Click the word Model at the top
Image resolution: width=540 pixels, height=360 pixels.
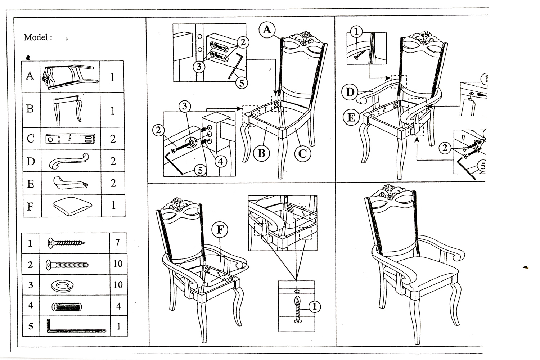[x=36, y=37]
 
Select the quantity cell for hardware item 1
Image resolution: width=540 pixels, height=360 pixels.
[x=117, y=242]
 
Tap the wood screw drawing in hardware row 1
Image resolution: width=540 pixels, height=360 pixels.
[x=67, y=243]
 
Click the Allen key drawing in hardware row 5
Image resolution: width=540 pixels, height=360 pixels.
[x=76, y=327]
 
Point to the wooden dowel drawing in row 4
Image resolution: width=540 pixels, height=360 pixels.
[x=67, y=307]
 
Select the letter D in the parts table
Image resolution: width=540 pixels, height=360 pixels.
[x=31, y=161]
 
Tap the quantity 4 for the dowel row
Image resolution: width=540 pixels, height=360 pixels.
[x=118, y=306]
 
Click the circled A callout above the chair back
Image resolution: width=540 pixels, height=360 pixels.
[x=267, y=30]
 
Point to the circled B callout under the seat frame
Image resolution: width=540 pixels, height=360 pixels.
[x=262, y=153]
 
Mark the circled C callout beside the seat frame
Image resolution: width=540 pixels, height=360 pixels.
[x=302, y=153]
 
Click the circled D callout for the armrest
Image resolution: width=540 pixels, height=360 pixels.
[x=350, y=92]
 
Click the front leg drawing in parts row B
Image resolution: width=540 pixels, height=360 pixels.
[x=69, y=110]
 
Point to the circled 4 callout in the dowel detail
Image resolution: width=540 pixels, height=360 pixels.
[x=220, y=161]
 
